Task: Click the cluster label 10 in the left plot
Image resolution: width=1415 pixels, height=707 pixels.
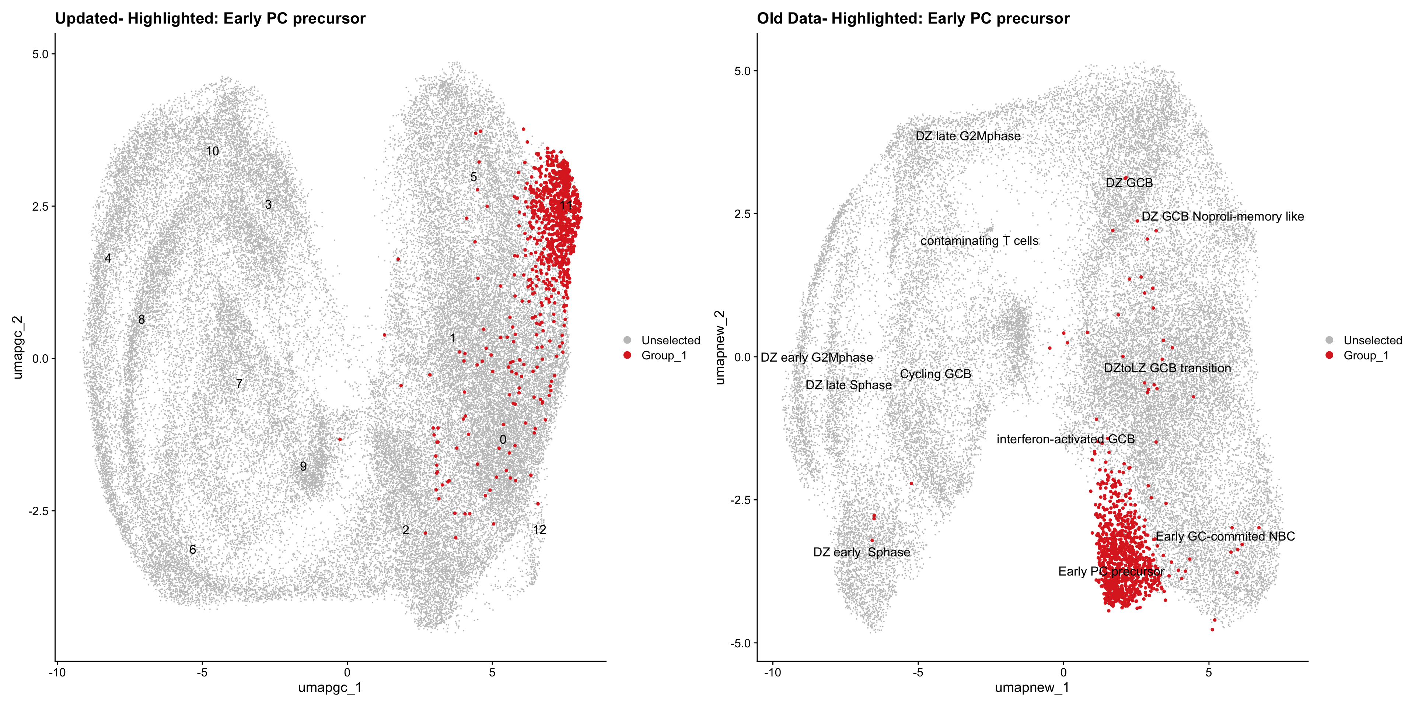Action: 212,151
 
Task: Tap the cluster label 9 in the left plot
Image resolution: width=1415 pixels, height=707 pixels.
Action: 303,467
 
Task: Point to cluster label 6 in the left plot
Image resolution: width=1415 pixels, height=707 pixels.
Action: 192,549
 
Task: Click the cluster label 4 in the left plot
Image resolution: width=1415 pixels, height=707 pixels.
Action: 108,258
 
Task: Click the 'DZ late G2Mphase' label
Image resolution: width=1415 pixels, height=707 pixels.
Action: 968,136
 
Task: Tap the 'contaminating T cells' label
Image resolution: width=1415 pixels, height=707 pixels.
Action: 979,241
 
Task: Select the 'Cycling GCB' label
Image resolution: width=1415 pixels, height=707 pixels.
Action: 936,374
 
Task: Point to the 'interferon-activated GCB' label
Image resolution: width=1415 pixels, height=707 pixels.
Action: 1066,439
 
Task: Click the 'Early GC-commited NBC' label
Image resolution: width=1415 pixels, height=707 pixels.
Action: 1225,536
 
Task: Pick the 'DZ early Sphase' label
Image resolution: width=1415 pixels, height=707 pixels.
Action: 861,552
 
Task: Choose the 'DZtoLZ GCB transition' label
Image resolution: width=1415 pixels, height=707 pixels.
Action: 1167,368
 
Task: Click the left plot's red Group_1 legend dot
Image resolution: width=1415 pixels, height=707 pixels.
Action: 627,355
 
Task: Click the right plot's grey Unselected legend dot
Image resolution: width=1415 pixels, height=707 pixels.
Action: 1329,340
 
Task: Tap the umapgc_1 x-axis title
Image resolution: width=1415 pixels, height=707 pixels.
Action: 329,687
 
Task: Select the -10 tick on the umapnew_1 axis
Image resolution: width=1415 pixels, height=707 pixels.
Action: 772,672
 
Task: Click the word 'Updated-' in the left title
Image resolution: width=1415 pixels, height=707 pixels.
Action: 89,19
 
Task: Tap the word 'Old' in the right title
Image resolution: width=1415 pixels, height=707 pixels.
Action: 770,19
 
